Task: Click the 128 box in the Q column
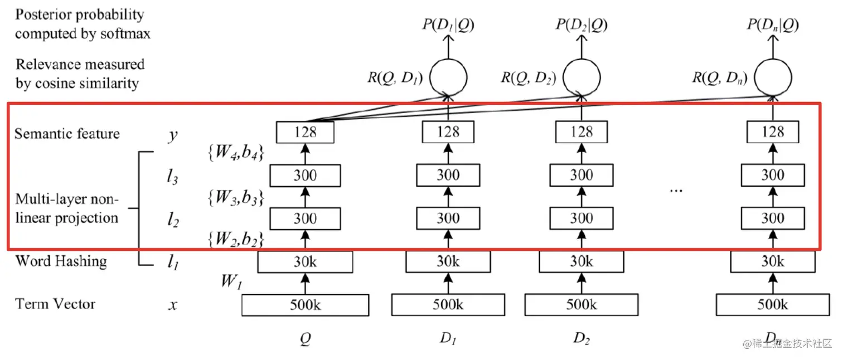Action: pyautogui.click(x=305, y=132)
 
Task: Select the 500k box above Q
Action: pyautogui.click(x=305, y=305)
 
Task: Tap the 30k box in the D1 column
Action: pyautogui.click(x=448, y=261)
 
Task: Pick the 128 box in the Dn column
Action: pyautogui.click(x=773, y=132)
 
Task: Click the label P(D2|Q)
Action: pyautogui.click(x=582, y=25)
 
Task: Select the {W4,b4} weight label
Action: pyautogui.click(x=235, y=152)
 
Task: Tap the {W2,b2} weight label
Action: pyautogui.click(x=235, y=240)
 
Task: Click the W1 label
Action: pyautogui.click(x=231, y=281)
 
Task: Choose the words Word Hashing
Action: pyautogui.click(x=61, y=261)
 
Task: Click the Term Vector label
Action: pyautogui.click(x=55, y=304)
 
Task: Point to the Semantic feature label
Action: pyautogui.click(x=67, y=134)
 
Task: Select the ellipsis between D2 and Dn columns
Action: pyautogui.click(x=676, y=189)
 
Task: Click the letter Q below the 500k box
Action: pyautogui.click(x=305, y=339)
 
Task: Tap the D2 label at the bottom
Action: pyautogui.click(x=582, y=339)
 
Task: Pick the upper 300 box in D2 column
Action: pyautogui.click(x=582, y=176)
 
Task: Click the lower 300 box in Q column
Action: pyautogui.click(x=305, y=218)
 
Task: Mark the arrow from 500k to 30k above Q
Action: pyautogui.click(x=305, y=283)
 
